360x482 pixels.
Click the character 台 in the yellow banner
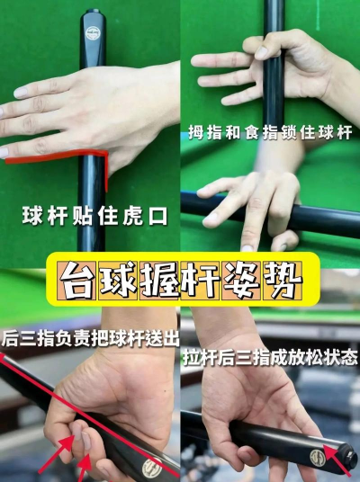click(x=77, y=281)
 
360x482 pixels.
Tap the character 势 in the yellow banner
click(x=283, y=281)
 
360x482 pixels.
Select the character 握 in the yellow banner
click(x=159, y=281)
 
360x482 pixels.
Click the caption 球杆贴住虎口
click(x=94, y=216)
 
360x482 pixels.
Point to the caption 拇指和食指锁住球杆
click(x=270, y=132)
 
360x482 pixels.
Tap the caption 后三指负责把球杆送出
click(x=90, y=338)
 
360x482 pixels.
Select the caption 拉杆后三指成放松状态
click(x=271, y=357)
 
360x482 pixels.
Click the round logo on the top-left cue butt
click(x=93, y=33)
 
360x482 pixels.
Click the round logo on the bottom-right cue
click(x=317, y=458)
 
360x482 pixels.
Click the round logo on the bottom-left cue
click(x=152, y=469)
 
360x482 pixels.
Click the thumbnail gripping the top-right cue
click(x=262, y=52)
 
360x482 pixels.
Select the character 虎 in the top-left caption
click(x=132, y=216)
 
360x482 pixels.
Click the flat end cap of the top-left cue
click(x=93, y=11)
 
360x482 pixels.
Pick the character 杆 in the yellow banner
click(x=201, y=281)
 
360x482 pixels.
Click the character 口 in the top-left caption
click(x=158, y=217)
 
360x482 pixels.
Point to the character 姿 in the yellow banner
click(x=241, y=281)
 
